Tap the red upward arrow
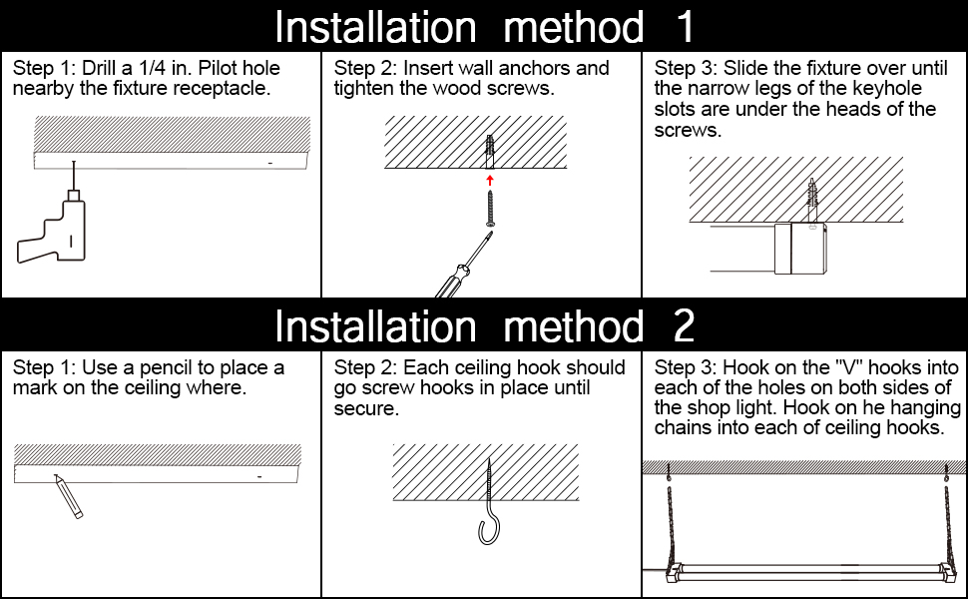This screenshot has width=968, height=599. (489, 179)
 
